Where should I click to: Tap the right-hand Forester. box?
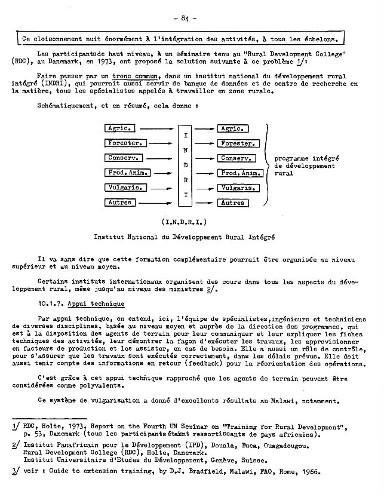(237, 143)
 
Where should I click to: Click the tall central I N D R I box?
(185, 165)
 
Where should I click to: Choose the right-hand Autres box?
(232, 203)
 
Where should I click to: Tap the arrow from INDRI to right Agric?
(205, 128)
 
